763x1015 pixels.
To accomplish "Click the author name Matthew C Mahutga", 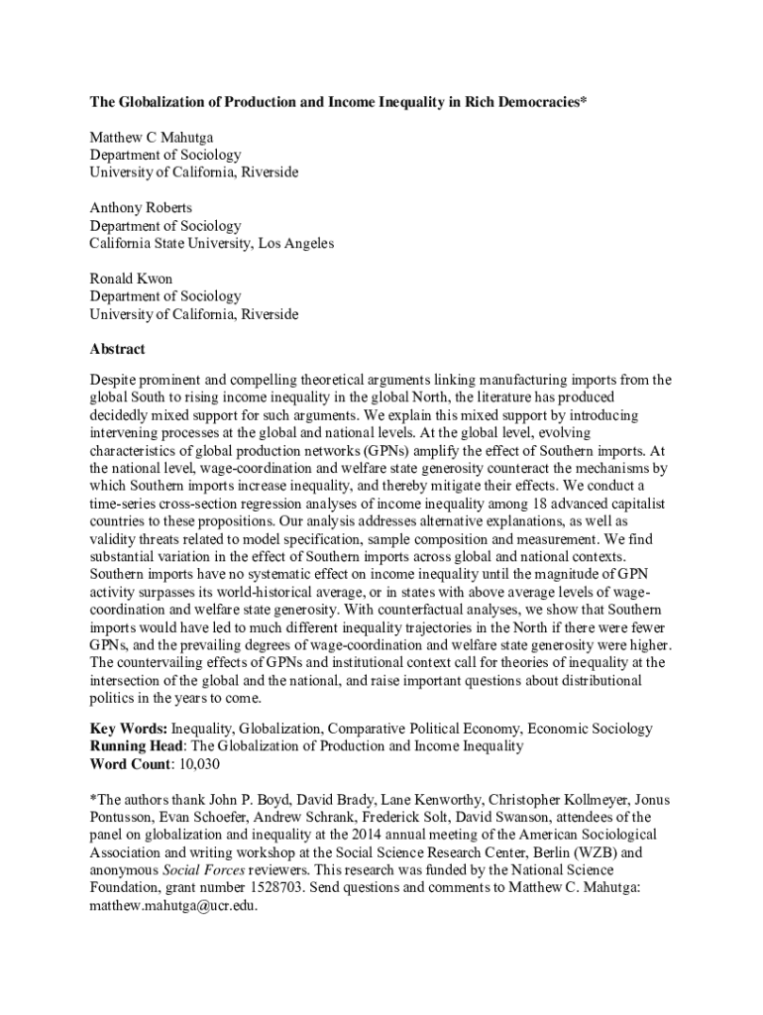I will click(x=151, y=137).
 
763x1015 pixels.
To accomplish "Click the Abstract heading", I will click(x=117, y=349).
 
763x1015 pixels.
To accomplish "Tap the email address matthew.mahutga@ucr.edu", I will click(x=173, y=905).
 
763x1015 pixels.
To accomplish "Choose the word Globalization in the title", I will click(x=165, y=102).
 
